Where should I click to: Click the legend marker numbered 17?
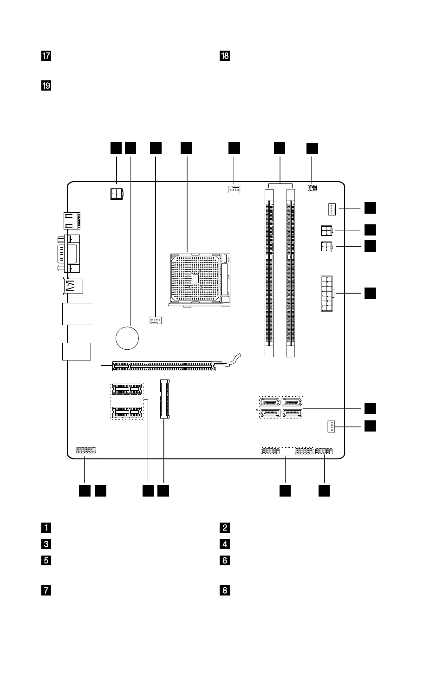pyautogui.click(x=46, y=56)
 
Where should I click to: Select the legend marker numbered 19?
pyautogui.click(x=46, y=86)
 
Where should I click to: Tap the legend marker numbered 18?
pyautogui.click(x=225, y=56)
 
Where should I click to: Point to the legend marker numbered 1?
pyautogui.click(x=46, y=528)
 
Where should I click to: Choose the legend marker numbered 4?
pyautogui.click(x=225, y=544)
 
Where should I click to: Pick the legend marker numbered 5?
pyautogui.click(x=46, y=561)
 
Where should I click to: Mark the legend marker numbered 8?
pyautogui.click(x=225, y=590)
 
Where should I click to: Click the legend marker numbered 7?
pyautogui.click(x=46, y=590)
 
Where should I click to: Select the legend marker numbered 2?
pyautogui.click(x=225, y=528)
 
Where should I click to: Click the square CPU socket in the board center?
pyautogui.click(x=200, y=280)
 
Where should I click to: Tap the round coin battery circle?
pyautogui.click(x=127, y=338)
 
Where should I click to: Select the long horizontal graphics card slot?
pyautogui.click(x=164, y=366)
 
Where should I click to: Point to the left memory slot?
pyautogui.click(x=269, y=273)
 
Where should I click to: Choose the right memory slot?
pyautogui.click(x=291, y=273)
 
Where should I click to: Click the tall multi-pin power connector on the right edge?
pyautogui.click(x=327, y=294)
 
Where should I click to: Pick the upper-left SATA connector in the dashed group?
pyautogui.click(x=269, y=402)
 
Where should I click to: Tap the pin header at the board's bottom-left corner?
pyautogui.click(x=86, y=451)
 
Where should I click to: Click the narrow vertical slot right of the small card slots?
pyautogui.click(x=165, y=399)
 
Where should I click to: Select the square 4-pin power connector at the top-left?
pyautogui.click(x=117, y=194)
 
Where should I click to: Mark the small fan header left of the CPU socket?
pyautogui.click(x=156, y=320)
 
